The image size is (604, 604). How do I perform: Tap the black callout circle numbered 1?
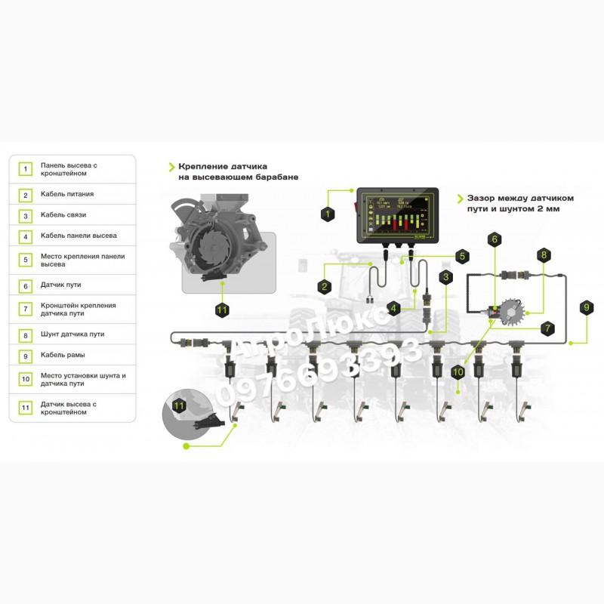point(327,214)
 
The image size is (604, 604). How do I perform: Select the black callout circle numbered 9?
point(587,307)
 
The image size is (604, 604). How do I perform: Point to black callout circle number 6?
point(495,239)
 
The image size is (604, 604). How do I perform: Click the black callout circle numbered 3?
point(446,277)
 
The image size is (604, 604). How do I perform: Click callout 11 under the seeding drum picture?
point(221,310)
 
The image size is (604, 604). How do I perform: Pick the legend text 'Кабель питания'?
point(67,194)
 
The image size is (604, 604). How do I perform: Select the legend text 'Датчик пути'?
point(61,285)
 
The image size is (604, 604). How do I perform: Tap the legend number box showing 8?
point(26,334)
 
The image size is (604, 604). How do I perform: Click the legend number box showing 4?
point(26,236)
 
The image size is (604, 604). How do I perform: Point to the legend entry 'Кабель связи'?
point(64,215)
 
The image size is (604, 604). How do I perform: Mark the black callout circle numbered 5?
point(461,256)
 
